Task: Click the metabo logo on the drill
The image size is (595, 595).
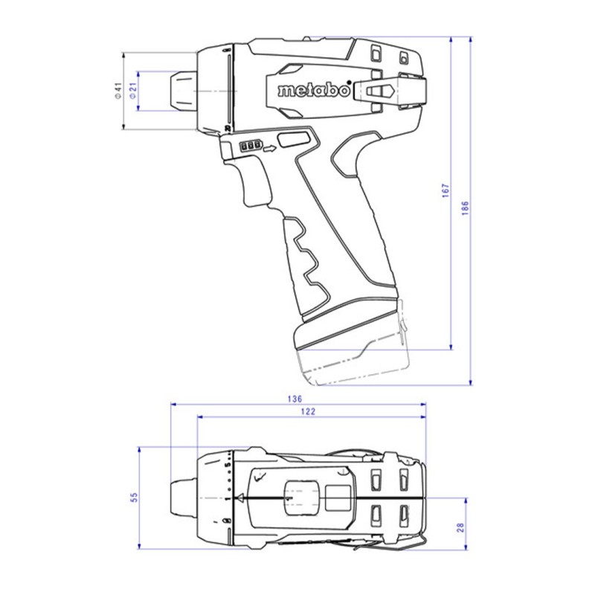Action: point(313,90)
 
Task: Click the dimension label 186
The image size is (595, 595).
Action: point(465,208)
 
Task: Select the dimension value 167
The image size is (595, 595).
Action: point(446,190)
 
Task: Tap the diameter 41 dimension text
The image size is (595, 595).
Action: point(118,90)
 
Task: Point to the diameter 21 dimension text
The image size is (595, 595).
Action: point(133,91)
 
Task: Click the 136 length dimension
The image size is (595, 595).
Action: point(295,399)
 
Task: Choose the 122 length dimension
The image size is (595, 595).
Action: point(308,411)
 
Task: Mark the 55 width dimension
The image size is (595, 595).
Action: point(134,498)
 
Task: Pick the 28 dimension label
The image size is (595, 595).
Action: point(460,527)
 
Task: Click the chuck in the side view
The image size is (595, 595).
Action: point(182,91)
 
